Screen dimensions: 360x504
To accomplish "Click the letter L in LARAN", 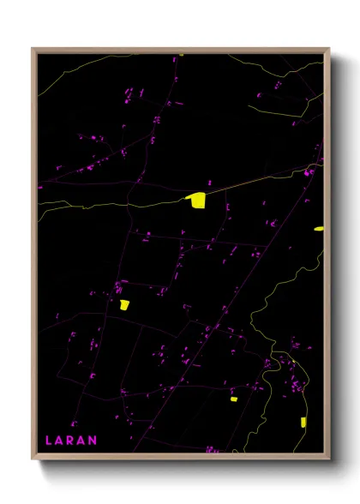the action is coord(48,441).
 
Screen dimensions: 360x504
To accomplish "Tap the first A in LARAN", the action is coord(59,441).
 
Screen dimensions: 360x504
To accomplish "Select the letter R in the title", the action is coord(70,441).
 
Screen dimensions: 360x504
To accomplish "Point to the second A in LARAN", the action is coord(81,441).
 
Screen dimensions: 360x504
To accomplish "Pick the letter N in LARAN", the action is coord(93,441).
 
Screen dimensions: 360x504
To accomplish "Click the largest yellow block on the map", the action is coord(197,200).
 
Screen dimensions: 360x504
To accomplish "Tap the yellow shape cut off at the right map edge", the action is coord(319,229).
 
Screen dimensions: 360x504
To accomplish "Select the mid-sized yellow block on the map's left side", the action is coord(124,304).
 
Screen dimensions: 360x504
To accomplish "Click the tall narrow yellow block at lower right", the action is coord(303,422).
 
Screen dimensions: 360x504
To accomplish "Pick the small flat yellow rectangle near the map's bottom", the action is coord(233,399).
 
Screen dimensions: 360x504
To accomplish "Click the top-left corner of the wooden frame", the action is coord(33,50).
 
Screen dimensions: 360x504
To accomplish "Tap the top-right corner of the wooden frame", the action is coord(328,50).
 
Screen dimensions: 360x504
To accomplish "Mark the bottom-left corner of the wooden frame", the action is coord(33,459).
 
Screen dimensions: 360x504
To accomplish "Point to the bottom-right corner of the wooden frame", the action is coord(328,459).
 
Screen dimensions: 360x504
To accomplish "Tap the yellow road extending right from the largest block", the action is coord(257,180).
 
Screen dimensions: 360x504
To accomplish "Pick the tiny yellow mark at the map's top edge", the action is coord(180,56).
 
